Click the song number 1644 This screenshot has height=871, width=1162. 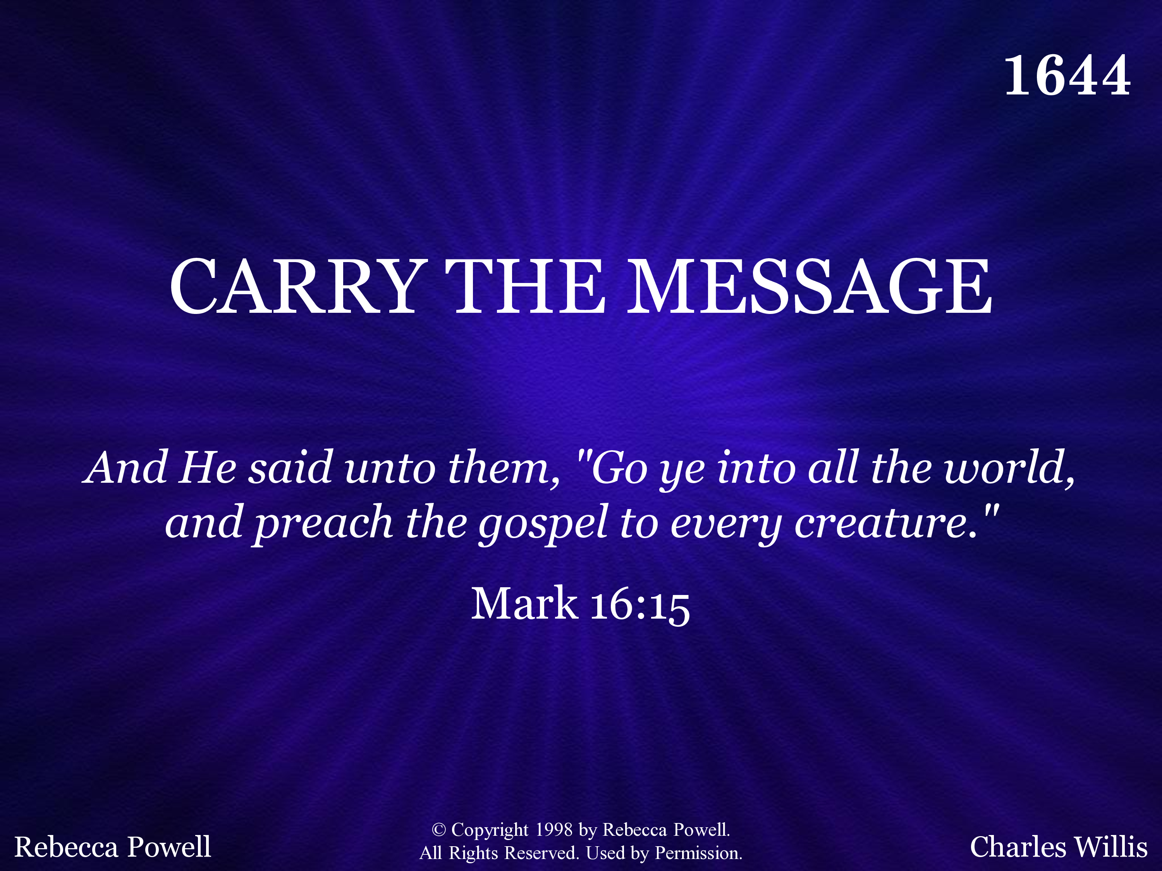1067,76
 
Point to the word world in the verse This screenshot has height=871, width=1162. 1009,467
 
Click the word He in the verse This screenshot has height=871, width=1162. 208,467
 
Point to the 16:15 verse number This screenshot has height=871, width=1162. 640,605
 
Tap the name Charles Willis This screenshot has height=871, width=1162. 1059,847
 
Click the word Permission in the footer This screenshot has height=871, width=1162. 699,854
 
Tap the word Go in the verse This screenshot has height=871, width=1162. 619,467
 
